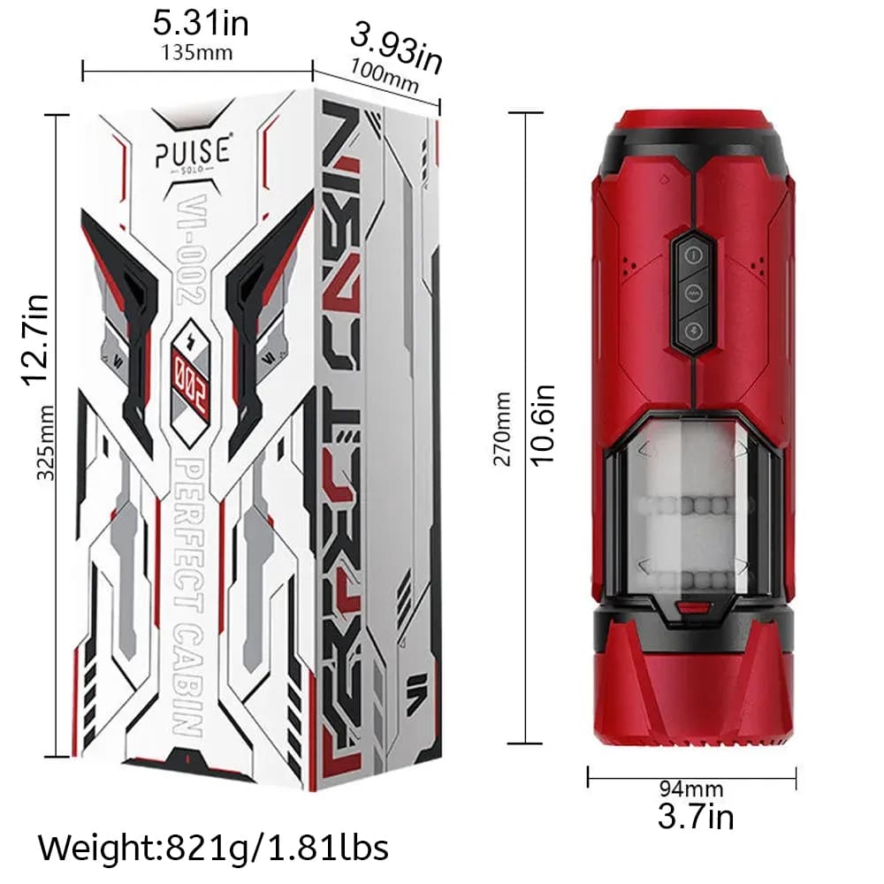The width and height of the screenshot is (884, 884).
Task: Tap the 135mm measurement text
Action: [x=197, y=52]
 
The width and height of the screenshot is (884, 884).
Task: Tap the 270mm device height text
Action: [x=502, y=429]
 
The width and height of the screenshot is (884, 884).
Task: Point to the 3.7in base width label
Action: [x=695, y=815]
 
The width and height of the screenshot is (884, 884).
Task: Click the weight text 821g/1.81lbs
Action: [x=213, y=848]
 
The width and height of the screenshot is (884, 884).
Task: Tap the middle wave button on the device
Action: [x=694, y=291]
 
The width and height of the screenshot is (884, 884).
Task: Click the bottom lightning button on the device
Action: [x=694, y=331]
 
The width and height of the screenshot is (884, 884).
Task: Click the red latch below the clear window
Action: [x=690, y=609]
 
